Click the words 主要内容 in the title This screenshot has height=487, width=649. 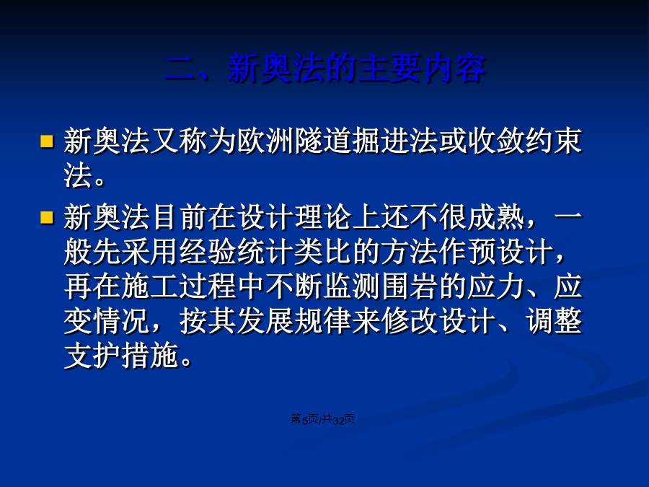point(422,68)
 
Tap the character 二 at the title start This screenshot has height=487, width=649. point(180,69)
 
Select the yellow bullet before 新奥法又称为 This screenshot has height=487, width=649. point(47,141)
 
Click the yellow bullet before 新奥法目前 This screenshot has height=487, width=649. point(47,217)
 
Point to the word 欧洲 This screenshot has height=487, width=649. point(266,141)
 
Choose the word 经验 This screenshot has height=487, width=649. point(208,252)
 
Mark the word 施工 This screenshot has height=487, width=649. point(151,286)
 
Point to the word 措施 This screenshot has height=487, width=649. point(151,356)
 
